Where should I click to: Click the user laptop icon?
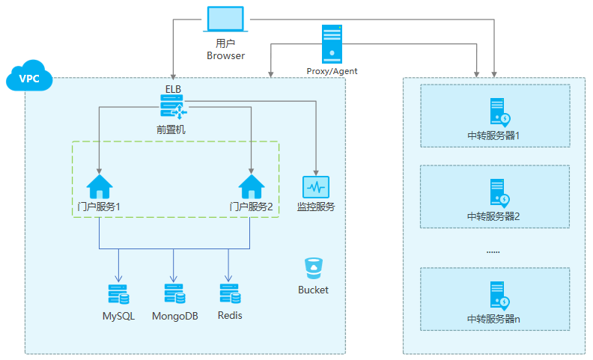225,19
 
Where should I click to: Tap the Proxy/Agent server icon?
332,44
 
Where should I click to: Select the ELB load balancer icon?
173,110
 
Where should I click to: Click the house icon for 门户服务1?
100,186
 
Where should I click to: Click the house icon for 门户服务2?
251,186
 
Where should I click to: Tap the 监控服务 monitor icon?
316,187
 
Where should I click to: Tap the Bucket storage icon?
313,268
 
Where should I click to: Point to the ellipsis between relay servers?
493,252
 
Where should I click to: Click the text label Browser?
225,55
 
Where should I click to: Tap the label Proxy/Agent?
332,71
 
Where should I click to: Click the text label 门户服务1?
100,207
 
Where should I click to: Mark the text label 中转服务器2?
493,216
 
